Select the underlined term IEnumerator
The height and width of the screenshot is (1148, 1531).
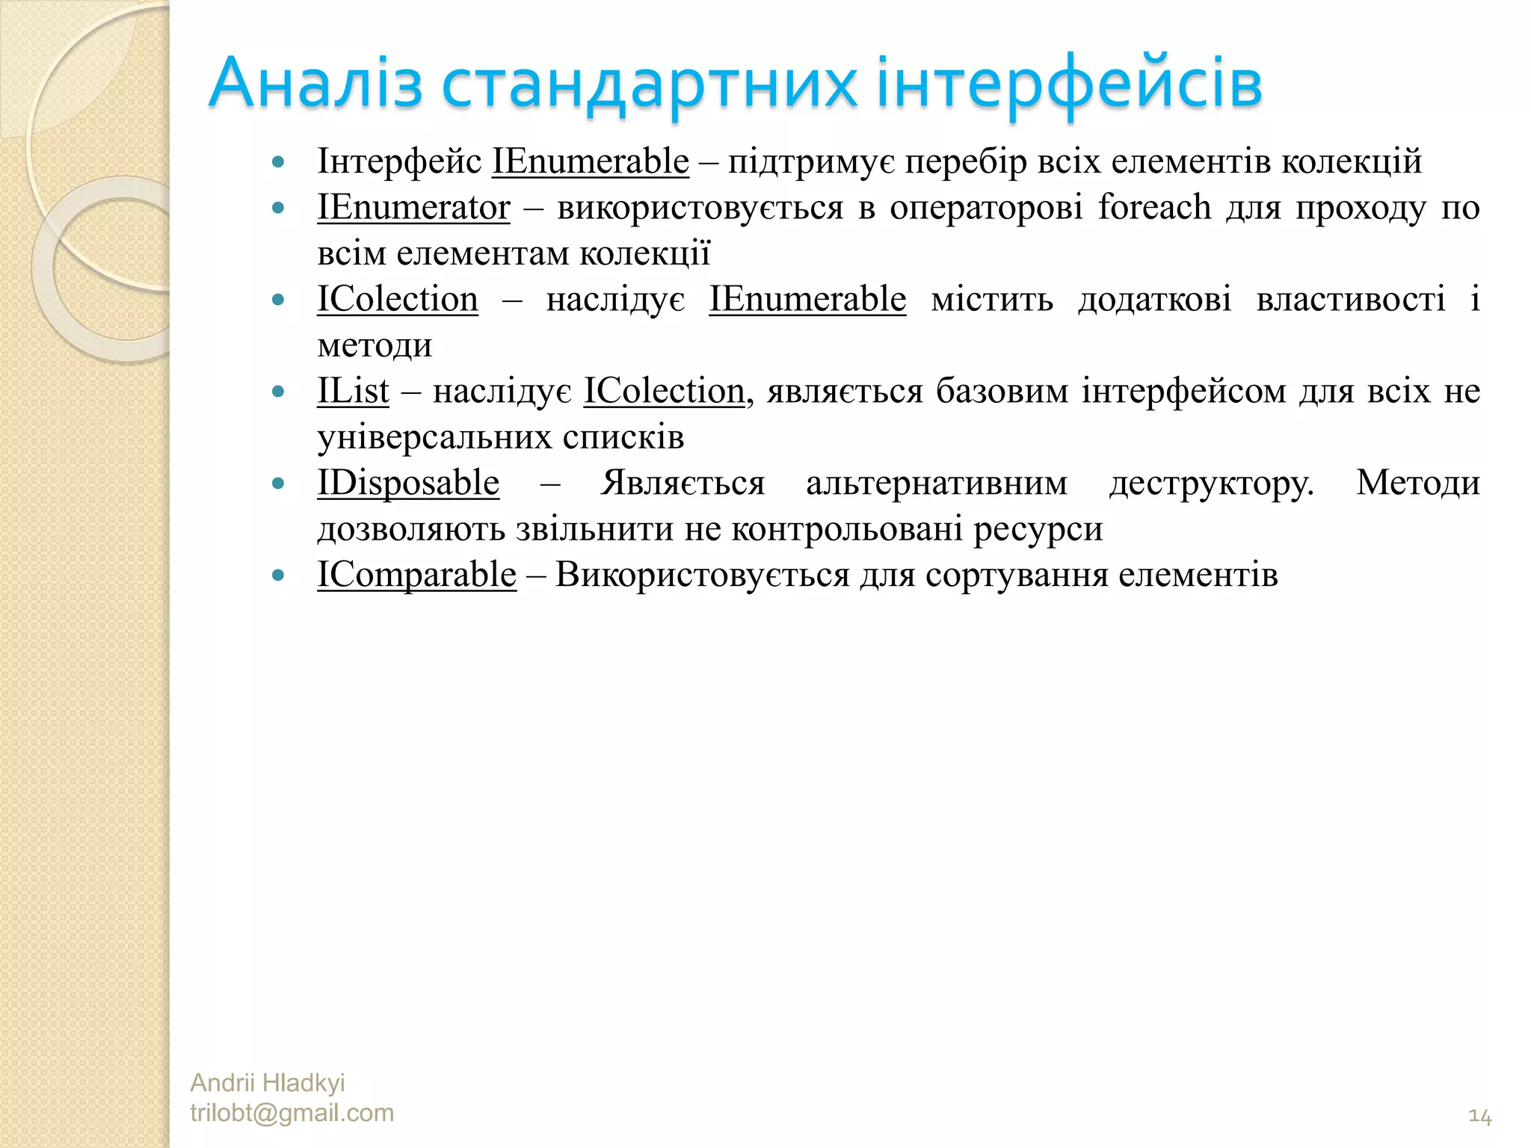click(413, 207)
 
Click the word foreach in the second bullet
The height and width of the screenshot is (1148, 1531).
click(1154, 207)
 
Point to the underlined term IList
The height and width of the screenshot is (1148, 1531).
click(353, 391)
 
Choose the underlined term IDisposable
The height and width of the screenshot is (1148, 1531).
click(408, 483)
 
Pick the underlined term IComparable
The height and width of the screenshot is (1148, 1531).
click(416, 575)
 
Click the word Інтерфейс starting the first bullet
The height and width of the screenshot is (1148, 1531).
click(399, 161)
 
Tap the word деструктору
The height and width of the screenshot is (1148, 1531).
click(1211, 483)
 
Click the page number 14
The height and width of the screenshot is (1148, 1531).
click(1479, 1117)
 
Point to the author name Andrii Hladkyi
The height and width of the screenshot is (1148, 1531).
click(268, 1082)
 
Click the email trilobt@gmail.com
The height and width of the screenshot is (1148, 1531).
click(292, 1113)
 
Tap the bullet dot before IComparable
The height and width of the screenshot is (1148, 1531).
click(279, 575)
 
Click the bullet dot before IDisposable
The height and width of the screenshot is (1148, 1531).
click(279, 484)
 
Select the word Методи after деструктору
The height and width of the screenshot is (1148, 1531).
click(1418, 483)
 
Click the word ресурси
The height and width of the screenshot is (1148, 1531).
click(1038, 529)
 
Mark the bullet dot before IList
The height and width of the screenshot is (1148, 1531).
click(279, 392)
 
